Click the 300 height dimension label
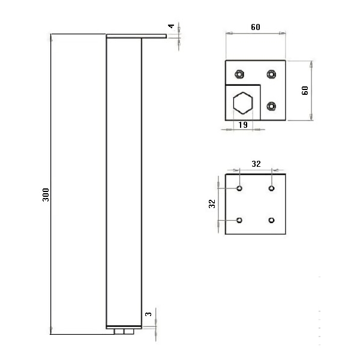click(46, 194)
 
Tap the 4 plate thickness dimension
click(171, 26)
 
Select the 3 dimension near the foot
click(149, 314)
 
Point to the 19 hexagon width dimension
click(243, 125)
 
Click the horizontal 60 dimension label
click(256, 27)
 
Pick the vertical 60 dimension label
click(305, 91)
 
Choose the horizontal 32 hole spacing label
click(256, 164)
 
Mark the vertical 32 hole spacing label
click(212, 203)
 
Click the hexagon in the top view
click(243, 103)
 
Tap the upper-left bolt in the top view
click(239, 74)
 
